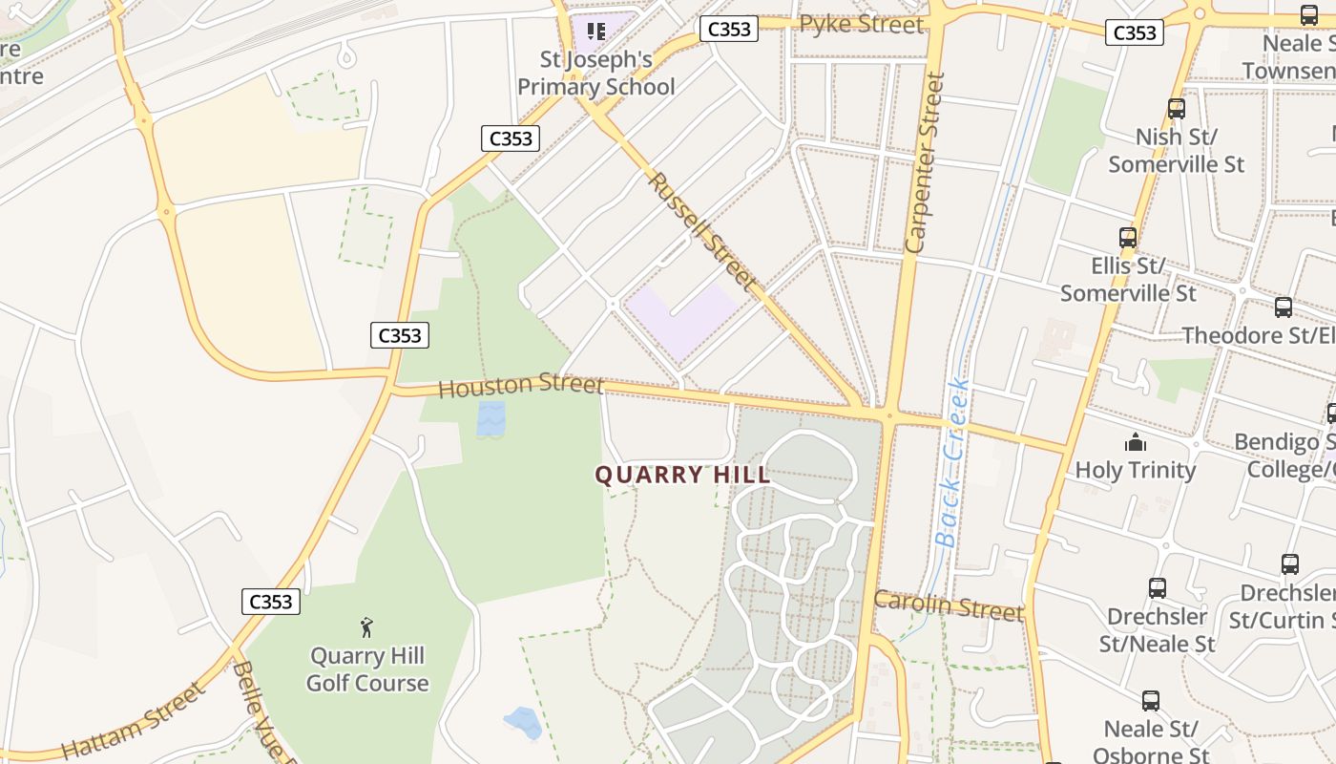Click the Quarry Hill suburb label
pos(682,475)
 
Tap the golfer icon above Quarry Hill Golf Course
pos(366,627)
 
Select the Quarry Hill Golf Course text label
pos(367,669)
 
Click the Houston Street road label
pos(521,386)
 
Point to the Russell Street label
pos(703,231)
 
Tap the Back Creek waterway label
pos(953,463)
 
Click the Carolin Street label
pos(948,605)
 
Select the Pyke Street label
pos(862,25)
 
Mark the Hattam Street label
pos(133,722)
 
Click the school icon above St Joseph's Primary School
pos(596,32)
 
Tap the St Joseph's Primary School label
pos(595,74)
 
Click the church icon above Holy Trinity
pos(1136,442)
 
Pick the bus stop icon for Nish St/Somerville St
pos(1177,109)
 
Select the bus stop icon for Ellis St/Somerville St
pos(1128,238)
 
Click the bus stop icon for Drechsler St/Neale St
pos(1158,588)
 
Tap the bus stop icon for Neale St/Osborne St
pos(1151,701)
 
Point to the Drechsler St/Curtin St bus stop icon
pos(1290,564)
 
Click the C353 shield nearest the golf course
pos(270,602)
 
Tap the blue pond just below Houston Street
pos(491,417)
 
